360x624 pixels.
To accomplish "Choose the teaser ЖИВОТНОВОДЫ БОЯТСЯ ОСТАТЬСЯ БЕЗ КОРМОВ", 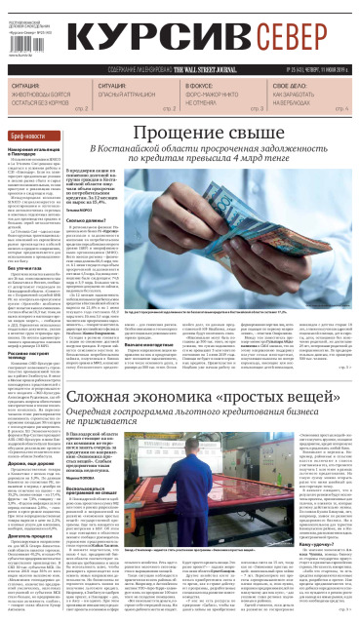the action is click(38, 99).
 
